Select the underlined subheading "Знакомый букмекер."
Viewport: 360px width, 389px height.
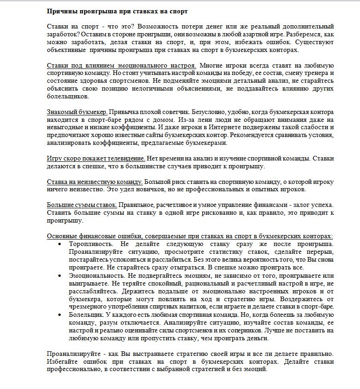pos(77,112)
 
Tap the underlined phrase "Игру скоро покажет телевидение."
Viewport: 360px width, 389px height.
pos(96,159)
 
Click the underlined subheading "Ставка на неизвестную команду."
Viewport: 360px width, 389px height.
pos(95,182)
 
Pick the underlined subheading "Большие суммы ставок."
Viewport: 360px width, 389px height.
pos(82,205)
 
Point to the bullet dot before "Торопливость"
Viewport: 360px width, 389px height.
pos(60,244)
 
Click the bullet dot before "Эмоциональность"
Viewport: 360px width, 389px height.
pos(60,275)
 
